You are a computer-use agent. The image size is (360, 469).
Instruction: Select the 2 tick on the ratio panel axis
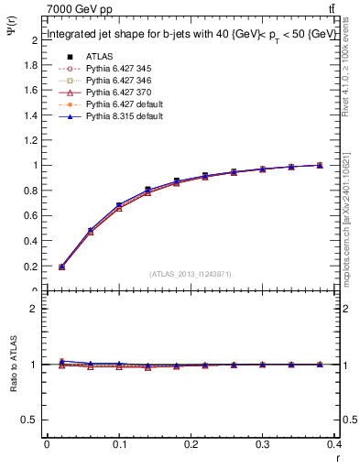pos(36,309)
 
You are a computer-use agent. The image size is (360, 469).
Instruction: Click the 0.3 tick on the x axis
pos(262,444)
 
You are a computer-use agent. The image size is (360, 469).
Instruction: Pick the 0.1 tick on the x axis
pos(119,444)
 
